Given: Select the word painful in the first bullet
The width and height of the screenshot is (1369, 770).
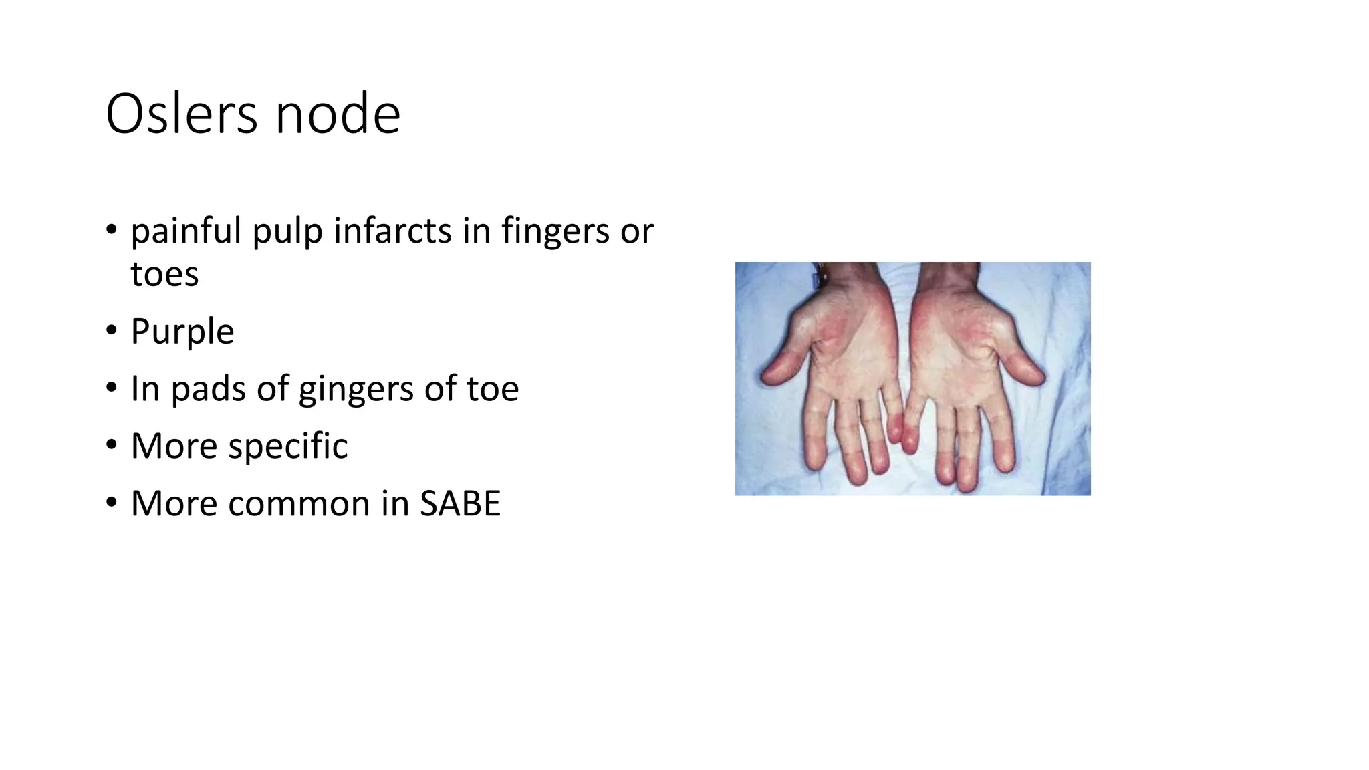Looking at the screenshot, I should click(186, 231).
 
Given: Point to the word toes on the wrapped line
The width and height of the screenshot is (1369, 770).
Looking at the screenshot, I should click(164, 274).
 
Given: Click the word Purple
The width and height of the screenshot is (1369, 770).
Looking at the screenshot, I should click(182, 332).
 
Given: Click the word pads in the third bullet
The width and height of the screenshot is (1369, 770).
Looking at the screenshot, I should click(208, 389).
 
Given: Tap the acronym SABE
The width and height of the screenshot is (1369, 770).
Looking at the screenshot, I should click(460, 503).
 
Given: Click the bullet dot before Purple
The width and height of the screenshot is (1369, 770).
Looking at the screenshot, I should click(111, 330).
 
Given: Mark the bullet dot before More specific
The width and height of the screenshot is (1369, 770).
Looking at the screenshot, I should click(111, 444).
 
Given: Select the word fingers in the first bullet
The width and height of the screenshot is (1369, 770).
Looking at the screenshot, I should click(553, 231).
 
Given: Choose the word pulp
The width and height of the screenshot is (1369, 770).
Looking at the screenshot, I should click(287, 231).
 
